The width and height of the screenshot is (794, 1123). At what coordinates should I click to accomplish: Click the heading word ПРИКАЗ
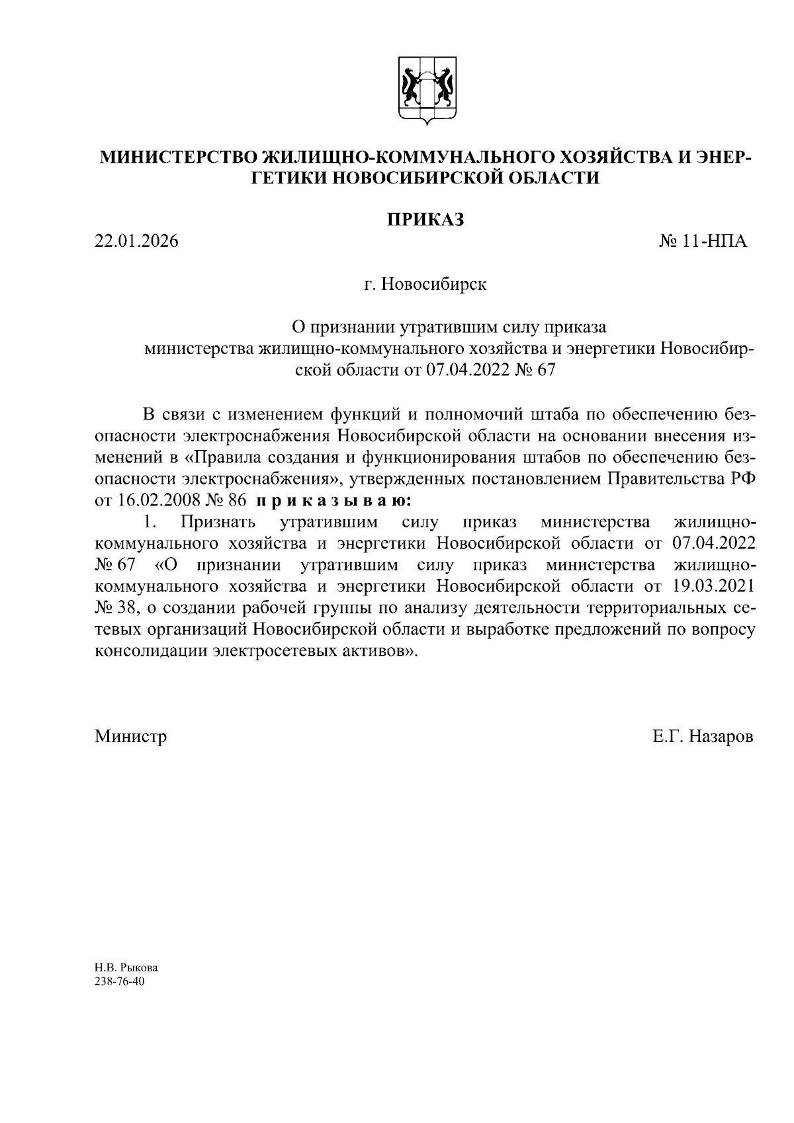pos(425,219)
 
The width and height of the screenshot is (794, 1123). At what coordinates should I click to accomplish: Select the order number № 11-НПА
pos(703,242)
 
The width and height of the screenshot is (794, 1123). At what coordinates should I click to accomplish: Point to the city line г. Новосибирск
pos(425,285)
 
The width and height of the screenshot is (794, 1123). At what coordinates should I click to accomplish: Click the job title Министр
pos(131,736)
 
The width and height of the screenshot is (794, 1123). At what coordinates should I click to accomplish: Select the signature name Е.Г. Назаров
pos(702,736)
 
